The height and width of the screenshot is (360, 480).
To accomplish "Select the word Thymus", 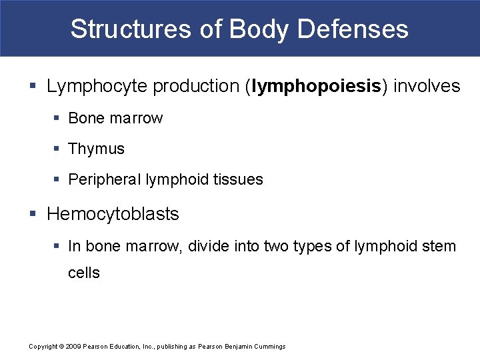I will click(x=96, y=149).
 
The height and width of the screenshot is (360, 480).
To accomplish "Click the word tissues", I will click(x=238, y=180).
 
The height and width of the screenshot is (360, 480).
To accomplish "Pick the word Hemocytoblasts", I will click(x=113, y=215).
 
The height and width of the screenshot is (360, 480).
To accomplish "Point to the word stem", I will click(x=439, y=247).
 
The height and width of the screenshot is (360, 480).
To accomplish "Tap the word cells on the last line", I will click(x=83, y=273).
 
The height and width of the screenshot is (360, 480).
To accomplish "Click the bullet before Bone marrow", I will click(x=58, y=119).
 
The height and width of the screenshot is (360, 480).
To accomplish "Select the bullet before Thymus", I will click(x=58, y=149).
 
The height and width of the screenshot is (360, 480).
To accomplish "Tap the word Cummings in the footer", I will click(x=270, y=347).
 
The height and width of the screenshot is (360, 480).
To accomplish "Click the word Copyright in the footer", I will click(x=43, y=347).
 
